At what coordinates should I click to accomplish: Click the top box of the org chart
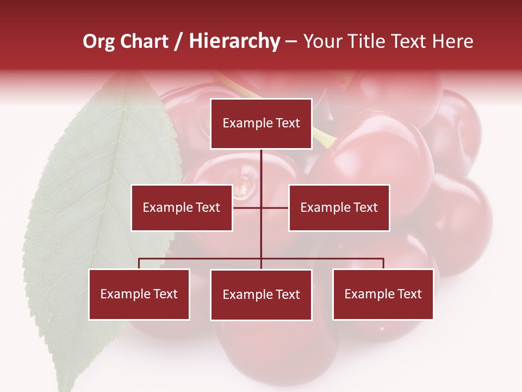point(261,124)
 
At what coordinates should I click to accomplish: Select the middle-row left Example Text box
point(182,207)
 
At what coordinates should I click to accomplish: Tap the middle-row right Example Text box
point(339,207)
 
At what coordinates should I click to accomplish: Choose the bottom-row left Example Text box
point(139,294)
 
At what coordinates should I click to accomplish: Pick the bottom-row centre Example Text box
point(261,295)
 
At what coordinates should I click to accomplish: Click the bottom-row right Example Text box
point(383,294)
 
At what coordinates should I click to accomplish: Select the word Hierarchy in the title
point(234,41)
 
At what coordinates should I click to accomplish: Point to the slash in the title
point(179,41)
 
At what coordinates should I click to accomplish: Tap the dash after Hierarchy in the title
point(291,41)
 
